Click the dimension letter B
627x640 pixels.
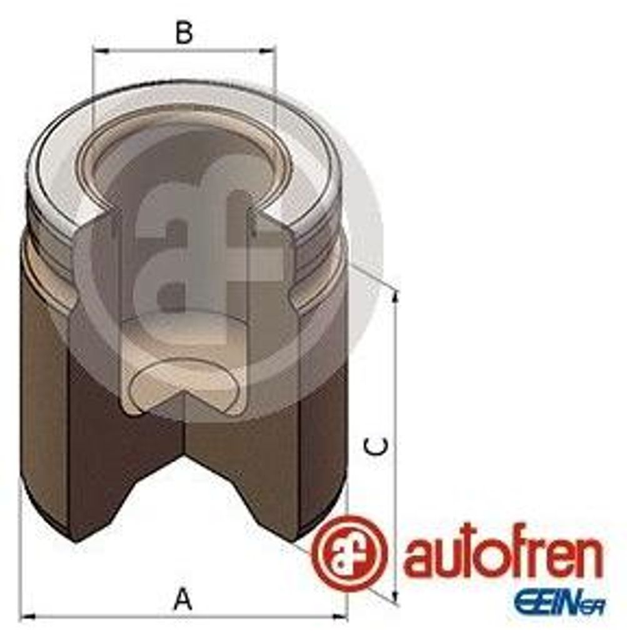(x=183, y=32)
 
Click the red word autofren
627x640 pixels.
(x=503, y=556)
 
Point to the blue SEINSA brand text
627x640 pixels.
(x=559, y=604)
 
